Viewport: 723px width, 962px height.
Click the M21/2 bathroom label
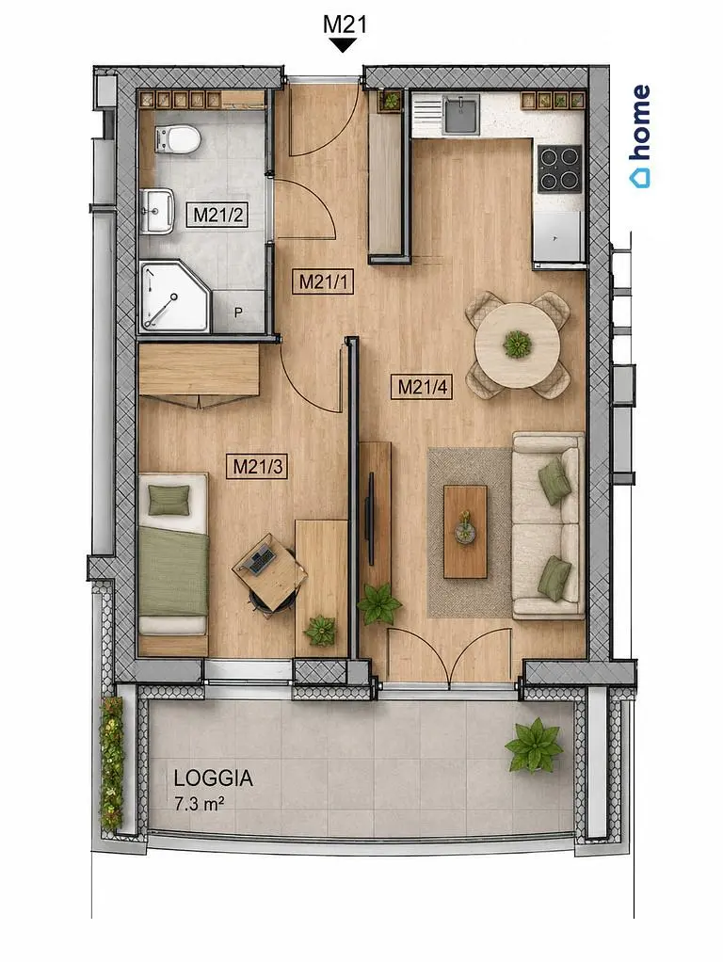[x=217, y=216]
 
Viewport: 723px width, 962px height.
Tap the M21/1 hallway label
[x=324, y=281]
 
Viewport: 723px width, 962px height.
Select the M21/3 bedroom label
[x=257, y=467]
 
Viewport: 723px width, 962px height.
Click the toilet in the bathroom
[x=177, y=139]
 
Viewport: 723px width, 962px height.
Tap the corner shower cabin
[x=174, y=297]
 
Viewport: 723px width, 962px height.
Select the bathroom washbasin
[x=157, y=211]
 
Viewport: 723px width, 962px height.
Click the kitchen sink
[x=462, y=116]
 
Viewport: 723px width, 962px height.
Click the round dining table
[x=518, y=345]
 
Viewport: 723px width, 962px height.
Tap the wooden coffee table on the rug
[x=466, y=531]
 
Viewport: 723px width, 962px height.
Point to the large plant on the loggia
[x=534, y=745]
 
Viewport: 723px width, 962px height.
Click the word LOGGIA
[x=213, y=778]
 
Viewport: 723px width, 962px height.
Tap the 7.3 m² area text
[x=198, y=804]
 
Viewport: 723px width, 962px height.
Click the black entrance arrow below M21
[x=344, y=45]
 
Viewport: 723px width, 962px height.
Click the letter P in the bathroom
[x=238, y=313]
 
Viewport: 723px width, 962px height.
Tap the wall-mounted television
[x=370, y=518]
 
